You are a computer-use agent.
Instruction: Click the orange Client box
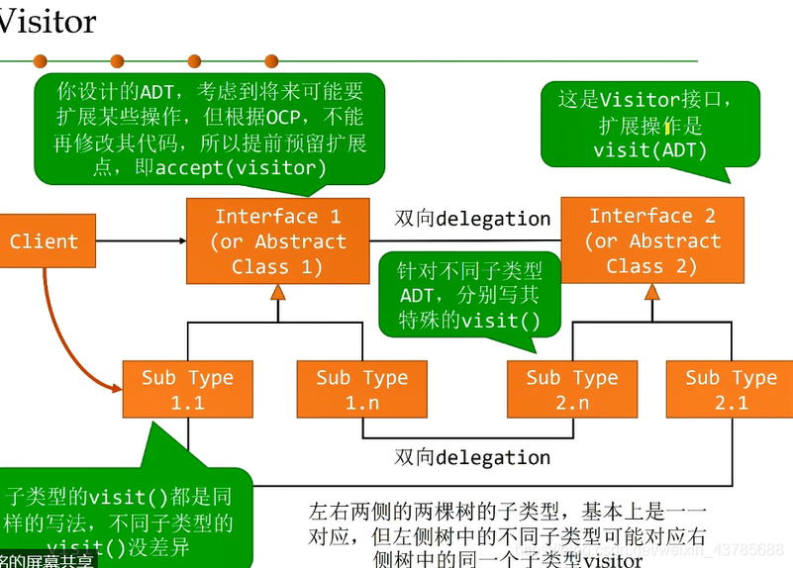point(45,241)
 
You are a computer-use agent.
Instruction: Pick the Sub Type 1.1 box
point(186,390)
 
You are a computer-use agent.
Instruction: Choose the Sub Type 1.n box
point(361,390)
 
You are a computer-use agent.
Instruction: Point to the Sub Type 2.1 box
point(731,390)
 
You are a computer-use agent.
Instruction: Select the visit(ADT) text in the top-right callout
point(649,150)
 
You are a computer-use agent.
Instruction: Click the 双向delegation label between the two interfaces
point(472,219)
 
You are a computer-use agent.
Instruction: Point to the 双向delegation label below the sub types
point(472,457)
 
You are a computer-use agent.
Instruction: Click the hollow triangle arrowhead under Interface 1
point(278,292)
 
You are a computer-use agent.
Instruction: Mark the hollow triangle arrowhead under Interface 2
point(652,291)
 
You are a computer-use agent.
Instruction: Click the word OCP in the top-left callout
point(283,118)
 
